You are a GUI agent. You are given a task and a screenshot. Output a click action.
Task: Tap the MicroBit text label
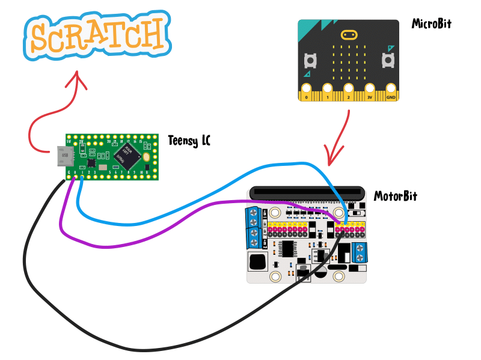point(431,25)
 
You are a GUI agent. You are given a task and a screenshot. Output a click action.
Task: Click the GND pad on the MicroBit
point(391,92)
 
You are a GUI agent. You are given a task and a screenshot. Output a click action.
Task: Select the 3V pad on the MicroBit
point(370,92)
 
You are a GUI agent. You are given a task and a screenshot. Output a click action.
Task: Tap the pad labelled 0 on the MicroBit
point(307,92)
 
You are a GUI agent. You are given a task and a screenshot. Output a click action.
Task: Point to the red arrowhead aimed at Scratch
point(77,79)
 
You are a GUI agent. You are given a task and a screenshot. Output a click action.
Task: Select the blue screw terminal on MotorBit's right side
point(360,252)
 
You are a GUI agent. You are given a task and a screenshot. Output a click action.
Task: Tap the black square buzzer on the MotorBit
point(259,262)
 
